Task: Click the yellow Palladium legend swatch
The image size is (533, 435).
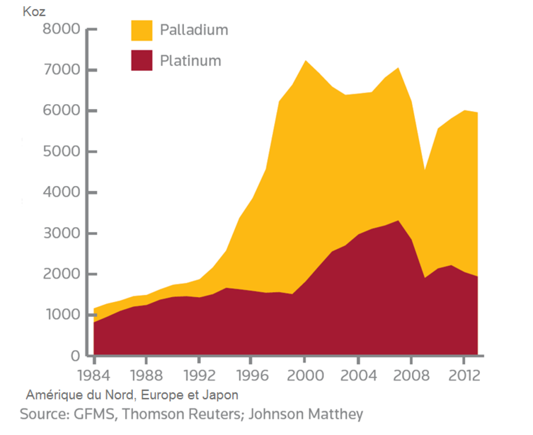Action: (x=141, y=30)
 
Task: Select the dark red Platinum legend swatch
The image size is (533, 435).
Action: (x=141, y=61)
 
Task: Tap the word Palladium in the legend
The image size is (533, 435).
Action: (x=194, y=30)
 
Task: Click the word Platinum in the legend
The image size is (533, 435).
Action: (x=190, y=61)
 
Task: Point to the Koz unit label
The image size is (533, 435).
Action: (x=34, y=11)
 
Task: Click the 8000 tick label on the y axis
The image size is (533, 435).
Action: (x=61, y=29)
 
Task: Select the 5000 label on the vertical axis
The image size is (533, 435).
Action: (x=61, y=152)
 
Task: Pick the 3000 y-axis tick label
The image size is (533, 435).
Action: (x=61, y=233)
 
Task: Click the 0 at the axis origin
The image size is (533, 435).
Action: (x=75, y=356)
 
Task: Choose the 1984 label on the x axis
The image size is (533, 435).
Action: (x=94, y=375)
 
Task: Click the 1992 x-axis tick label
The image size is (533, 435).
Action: (x=199, y=375)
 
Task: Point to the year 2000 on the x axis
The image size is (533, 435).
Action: (x=305, y=375)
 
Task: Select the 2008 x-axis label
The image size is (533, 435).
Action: (x=411, y=375)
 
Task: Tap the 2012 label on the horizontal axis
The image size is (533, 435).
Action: (x=464, y=375)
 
